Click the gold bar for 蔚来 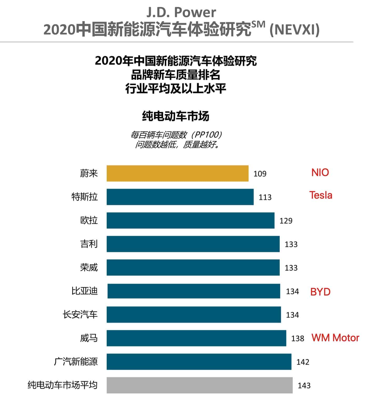pos(178,173)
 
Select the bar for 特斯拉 pos(180,197)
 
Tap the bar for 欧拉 pos(190,220)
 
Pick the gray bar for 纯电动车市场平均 pos(200,385)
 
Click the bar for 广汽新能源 pos(199,362)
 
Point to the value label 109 pos(260,174)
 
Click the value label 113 pos(265,197)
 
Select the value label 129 pos(286,220)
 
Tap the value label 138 pos(297,338)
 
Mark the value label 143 pos(304,385)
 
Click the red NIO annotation pos(320,172)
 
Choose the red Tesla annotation pos(321,195)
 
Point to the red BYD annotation pos(320,292)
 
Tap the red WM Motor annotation pos(335,338)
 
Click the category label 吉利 pos(89,244)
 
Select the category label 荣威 pos(89,267)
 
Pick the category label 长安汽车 pos(80,314)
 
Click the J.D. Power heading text pos(181,12)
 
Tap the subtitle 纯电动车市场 pos(175,116)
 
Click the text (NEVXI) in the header pos(295,29)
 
